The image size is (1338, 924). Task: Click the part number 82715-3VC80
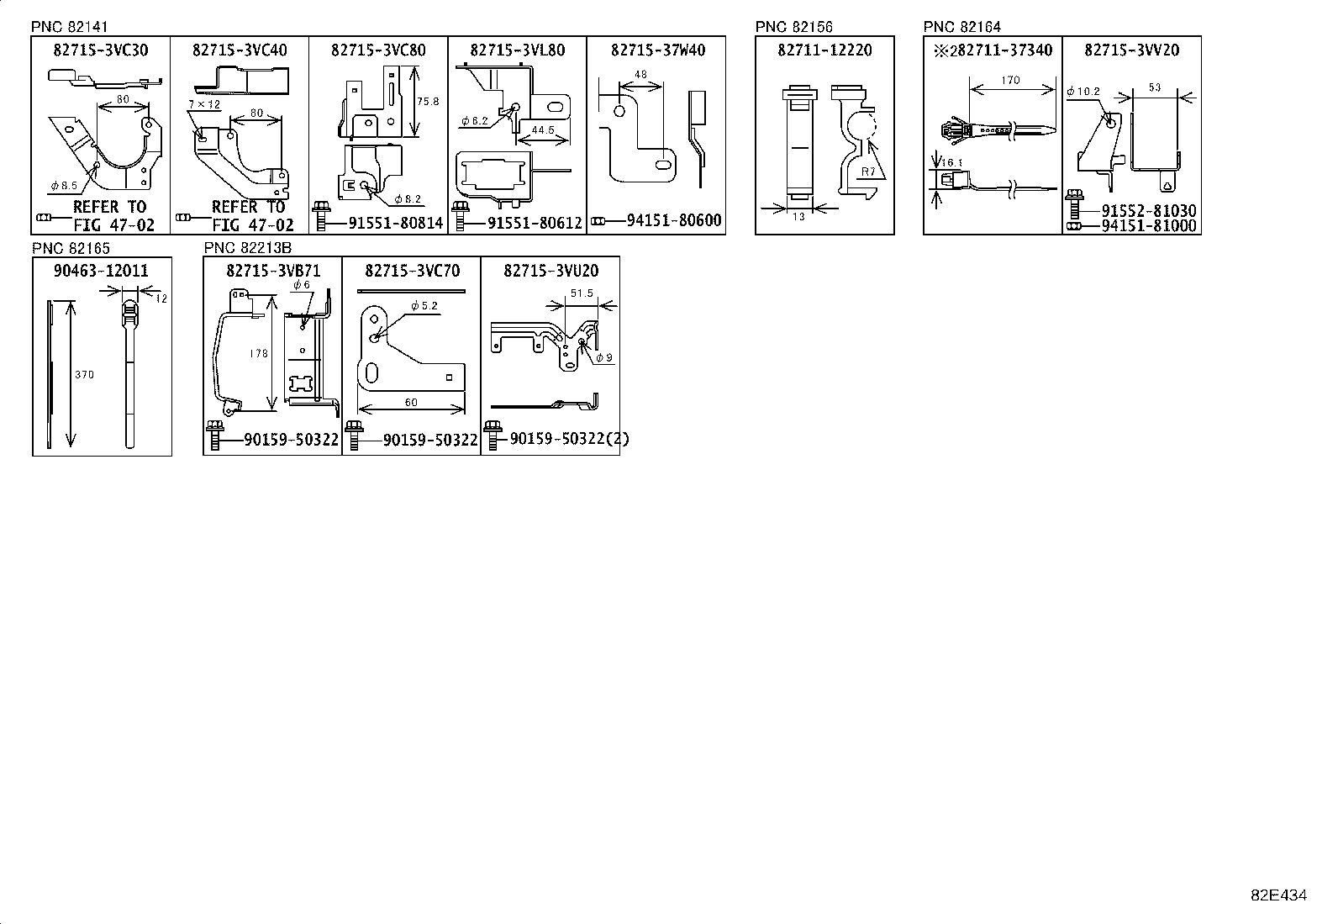tap(378, 50)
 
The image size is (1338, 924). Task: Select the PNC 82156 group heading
tap(793, 27)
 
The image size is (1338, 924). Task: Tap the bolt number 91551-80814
tap(395, 224)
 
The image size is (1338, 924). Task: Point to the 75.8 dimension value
tap(428, 101)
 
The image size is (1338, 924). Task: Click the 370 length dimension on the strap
tap(84, 375)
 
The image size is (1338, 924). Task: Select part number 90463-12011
tap(101, 271)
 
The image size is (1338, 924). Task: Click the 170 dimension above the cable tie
tap(1011, 81)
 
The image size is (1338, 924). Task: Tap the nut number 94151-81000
tap(1149, 226)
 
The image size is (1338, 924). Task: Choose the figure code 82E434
tap(1278, 895)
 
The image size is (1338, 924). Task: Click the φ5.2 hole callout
tap(424, 306)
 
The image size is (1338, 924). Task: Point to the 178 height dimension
tap(259, 353)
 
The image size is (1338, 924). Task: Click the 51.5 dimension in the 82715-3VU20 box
tap(582, 293)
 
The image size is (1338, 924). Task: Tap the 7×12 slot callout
tap(203, 104)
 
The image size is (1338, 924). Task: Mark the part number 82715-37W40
tap(657, 50)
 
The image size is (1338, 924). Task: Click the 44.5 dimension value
tap(543, 130)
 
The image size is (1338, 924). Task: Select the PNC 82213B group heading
tap(247, 248)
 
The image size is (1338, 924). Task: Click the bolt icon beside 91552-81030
tap(1073, 203)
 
